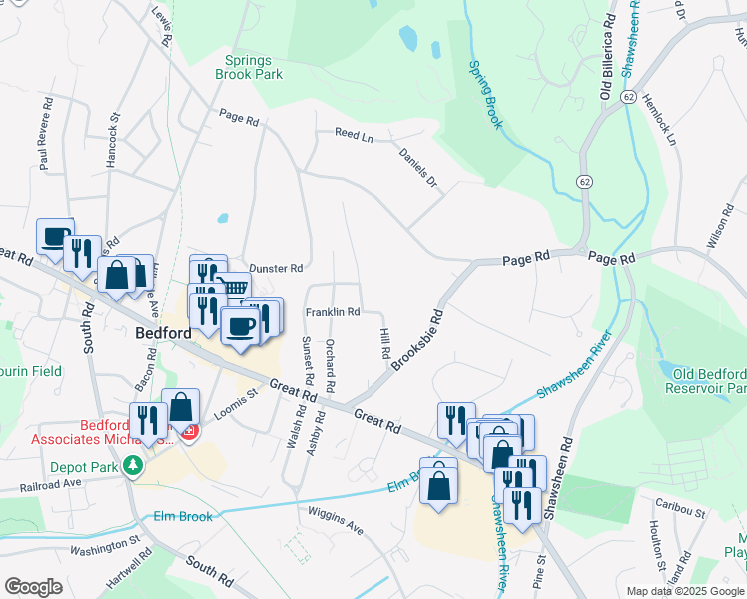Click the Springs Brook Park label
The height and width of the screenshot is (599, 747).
(249, 67)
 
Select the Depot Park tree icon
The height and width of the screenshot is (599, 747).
(132, 465)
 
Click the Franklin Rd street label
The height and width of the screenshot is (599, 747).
(333, 312)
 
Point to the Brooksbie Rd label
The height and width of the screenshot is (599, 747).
(417, 339)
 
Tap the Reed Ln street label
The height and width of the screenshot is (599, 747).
(354, 133)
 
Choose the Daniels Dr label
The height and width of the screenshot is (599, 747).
(418, 167)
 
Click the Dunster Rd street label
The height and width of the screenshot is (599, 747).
(276, 268)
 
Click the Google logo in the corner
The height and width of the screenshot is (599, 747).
(33, 587)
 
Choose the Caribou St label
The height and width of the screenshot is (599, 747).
(680, 512)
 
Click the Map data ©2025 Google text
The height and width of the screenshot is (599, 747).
(684, 591)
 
